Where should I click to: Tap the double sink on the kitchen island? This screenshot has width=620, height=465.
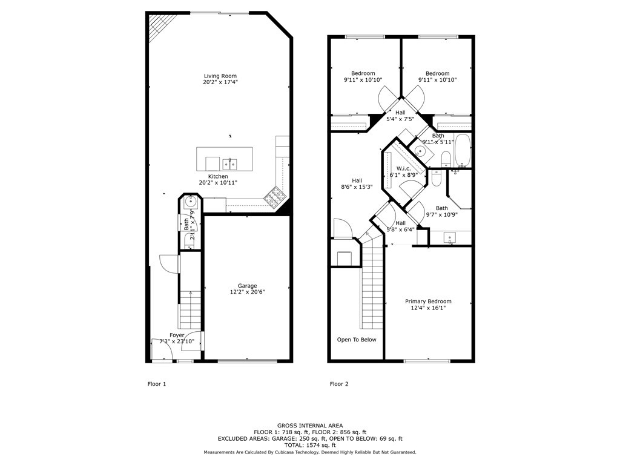click(229, 163)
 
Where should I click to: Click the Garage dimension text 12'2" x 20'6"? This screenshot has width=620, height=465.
click(247, 292)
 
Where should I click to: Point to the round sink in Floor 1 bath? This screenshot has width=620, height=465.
click(190, 203)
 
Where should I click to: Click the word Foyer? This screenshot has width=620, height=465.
click(177, 335)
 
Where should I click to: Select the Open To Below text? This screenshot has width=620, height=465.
click(357, 340)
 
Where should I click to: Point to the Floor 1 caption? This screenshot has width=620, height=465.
click(156, 384)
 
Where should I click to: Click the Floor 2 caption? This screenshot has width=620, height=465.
click(338, 384)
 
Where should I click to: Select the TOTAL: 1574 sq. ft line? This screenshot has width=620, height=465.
click(309, 445)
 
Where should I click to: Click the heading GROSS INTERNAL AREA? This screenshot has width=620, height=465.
click(309, 426)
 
